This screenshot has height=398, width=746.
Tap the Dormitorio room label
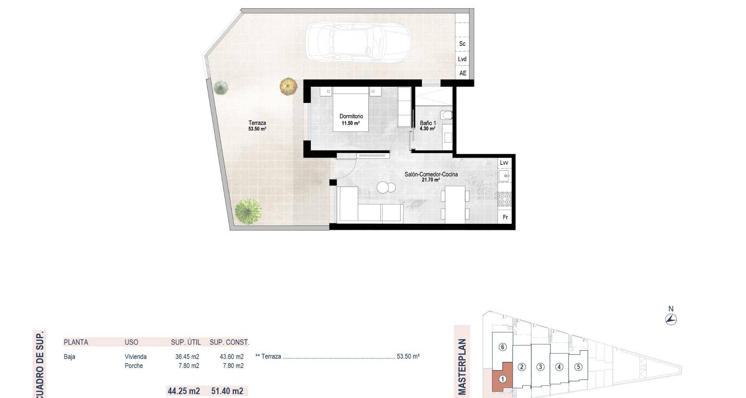point(351,116)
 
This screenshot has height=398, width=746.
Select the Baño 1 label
point(428,123)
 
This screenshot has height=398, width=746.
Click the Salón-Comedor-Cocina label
point(431,175)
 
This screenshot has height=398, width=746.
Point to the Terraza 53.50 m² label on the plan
point(257,126)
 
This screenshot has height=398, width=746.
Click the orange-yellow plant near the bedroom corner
point(288,86)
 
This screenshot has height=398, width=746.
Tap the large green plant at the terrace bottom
point(248,211)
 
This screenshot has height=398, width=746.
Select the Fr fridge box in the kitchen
point(505,217)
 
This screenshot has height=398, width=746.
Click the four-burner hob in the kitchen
point(505,199)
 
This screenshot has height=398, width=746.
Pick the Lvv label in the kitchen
point(504,162)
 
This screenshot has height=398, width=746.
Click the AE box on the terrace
point(462,73)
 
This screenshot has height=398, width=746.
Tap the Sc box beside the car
point(462,44)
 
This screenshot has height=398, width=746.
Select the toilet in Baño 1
point(446,115)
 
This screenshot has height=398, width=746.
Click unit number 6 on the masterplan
point(503,347)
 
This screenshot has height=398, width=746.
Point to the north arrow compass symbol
point(671,319)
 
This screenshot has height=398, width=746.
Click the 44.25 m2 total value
point(184,391)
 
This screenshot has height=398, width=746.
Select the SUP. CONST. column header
point(229,342)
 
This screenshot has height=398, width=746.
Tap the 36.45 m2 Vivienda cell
point(187,357)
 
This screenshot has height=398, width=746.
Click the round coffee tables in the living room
point(386,188)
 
